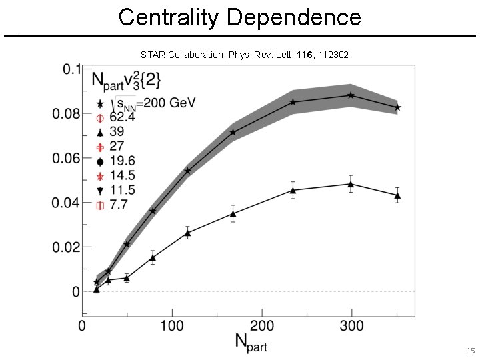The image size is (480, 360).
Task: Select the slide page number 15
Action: coord(470,350)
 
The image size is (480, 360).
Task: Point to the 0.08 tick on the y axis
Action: coord(67,114)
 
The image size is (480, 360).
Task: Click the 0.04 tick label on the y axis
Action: coord(67,203)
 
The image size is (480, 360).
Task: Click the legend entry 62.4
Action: coord(122,117)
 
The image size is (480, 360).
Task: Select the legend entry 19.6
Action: coord(122,161)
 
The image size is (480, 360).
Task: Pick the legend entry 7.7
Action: coord(119,205)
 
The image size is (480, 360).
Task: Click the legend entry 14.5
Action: coord(122,176)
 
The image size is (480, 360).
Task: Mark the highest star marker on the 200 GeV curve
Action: coord(351,95)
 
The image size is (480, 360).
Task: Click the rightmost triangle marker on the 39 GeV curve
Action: coord(397,195)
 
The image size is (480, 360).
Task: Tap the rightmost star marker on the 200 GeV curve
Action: coord(397,107)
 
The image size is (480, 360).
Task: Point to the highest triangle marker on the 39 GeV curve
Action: coord(351,184)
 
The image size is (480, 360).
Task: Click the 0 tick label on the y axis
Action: coord(77,291)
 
